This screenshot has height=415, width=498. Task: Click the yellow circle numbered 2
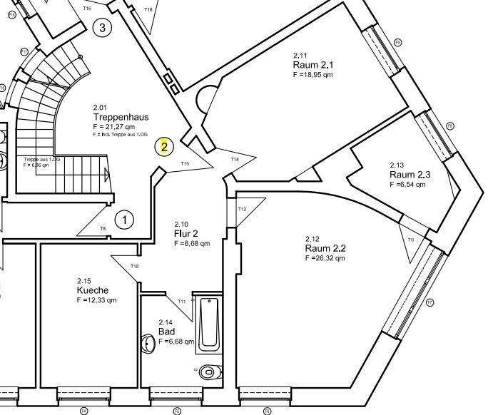pos(164,148)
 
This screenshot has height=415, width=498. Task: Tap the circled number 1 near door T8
pos(124,220)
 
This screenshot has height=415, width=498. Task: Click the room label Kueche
pos(93,290)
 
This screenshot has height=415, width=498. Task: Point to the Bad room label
pos(166,332)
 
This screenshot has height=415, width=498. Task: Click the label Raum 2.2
pos(325,248)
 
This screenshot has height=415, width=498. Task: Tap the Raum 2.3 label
pos(410,174)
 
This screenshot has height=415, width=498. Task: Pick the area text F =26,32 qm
pos(325,258)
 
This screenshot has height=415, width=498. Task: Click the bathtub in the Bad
pos(208,324)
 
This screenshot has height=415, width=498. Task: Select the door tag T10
pos(134,266)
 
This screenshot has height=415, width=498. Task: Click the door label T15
pos(185,164)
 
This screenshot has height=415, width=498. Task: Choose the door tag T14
pos(235,159)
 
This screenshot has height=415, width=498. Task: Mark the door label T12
pos(242,209)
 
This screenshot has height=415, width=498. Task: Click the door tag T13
pos(410,240)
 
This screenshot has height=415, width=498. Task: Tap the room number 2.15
pos(84,280)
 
